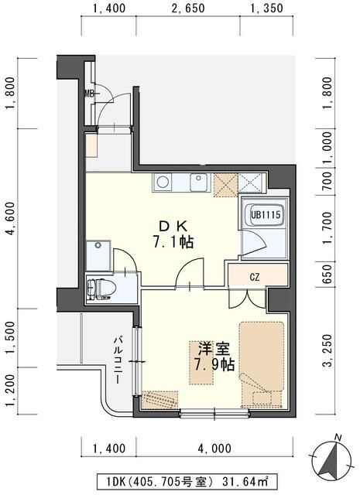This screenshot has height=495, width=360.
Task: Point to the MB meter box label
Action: pos(89,94)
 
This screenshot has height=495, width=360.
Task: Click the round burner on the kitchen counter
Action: pos(163,183)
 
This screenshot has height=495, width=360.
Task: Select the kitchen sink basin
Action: pos(197,183)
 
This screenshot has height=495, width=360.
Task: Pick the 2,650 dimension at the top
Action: pos(187,9)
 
